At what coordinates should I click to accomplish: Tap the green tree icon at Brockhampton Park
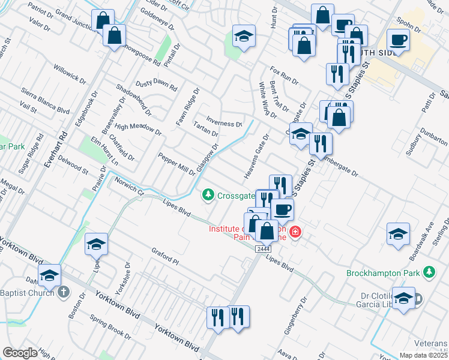(x=429, y=273)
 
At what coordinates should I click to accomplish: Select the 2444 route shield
(x=262, y=248)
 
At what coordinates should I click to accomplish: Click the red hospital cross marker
(x=295, y=232)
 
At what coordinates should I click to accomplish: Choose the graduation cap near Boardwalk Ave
(x=398, y=235)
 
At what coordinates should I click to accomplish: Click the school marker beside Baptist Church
(x=50, y=276)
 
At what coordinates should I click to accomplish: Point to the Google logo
(x=20, y=353)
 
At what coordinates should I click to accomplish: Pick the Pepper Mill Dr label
(x=176, y=164)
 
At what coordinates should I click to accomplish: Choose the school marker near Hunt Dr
(x=244, y=37)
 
